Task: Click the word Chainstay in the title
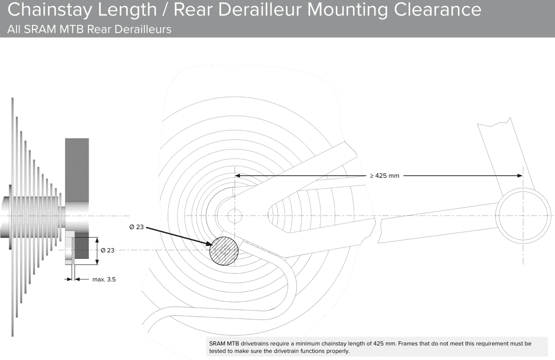click(x=50, y=10)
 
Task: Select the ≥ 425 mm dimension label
click(x=385, y=176)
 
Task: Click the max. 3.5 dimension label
click(x=104, y=279)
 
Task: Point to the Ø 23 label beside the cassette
click(x=108, y=250)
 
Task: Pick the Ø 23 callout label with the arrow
click(x=137, y=227)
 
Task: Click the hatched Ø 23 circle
click(x=224, y=251)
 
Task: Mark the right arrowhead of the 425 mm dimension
click(x=520, y=176)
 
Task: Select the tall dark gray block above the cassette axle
click(x=77, y=170)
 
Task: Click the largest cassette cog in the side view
click(x=12, y=217)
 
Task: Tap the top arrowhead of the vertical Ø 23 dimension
click(x=97, y=240)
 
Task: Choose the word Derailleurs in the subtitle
click(x=143, y=29)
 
